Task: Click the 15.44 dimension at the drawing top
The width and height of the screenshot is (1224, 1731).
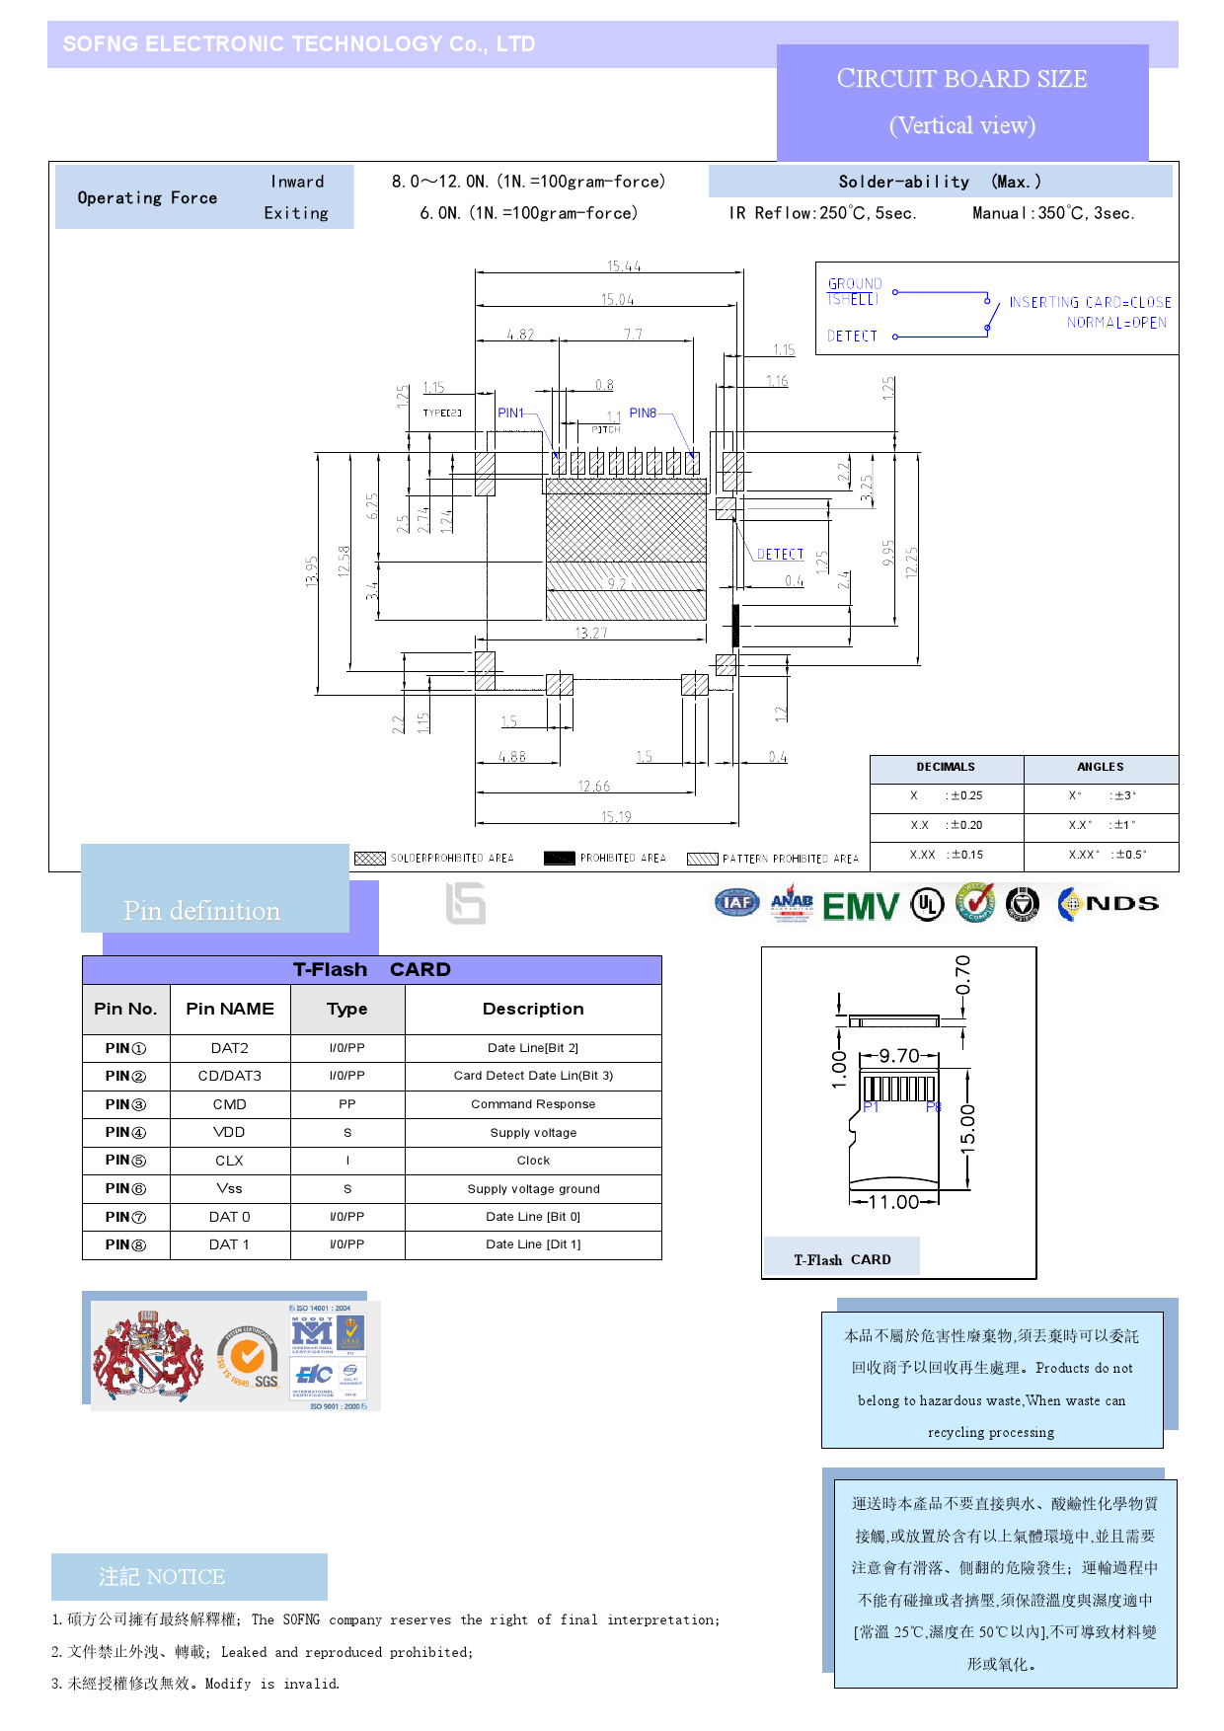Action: tap(623, 266)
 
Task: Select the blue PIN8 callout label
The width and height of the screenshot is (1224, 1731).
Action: tap(643, 414)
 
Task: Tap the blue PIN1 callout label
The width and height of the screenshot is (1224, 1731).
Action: tap(510, 414)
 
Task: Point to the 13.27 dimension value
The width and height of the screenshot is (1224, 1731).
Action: tap(591, 634)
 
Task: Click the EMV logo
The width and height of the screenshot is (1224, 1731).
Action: tap(860, 906)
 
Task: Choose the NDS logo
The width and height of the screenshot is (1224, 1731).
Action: tap(1109, 904)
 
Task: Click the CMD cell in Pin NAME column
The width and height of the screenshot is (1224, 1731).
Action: tap(229, 1104)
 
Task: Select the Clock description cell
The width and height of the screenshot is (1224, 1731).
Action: tap(533, 1161)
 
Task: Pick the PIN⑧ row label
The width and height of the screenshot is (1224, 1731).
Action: tap(125, 1244)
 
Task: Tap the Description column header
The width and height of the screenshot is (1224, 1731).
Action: tap(533, 1009)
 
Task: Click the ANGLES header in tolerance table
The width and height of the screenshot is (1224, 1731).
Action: tap(1100, 767)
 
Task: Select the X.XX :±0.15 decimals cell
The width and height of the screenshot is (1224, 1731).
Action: tap(946, 855)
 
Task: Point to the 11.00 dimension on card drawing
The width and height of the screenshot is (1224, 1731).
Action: tap(893, 1202)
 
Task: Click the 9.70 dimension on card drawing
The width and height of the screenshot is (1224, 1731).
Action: tap(899, 1056)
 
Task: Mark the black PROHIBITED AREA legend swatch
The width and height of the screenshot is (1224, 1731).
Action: tap(559, 859)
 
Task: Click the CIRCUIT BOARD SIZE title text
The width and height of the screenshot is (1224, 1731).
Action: tap(961, 79)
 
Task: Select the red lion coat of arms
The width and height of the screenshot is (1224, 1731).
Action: tap(148, 1356)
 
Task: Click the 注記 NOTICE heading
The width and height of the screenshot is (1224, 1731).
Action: tap(162, 1576)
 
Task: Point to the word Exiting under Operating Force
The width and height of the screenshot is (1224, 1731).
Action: tap(296, 213)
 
